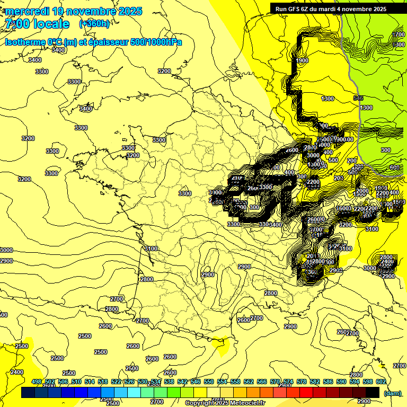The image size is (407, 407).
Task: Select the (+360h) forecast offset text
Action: coord(94,24)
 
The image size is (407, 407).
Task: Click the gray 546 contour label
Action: coord(359,98)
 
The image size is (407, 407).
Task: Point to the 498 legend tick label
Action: coord(37,382)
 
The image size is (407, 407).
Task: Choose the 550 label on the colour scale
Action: coord(209,382)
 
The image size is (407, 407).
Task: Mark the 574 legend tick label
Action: coord(288,382)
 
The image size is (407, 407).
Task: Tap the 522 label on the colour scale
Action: coord(116,382)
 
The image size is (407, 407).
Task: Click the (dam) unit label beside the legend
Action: coord(392,393)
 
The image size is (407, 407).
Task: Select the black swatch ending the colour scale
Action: coord(373,393)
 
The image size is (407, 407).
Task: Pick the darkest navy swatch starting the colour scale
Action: coord(28,393)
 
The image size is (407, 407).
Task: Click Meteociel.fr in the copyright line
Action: coord(245,403)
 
